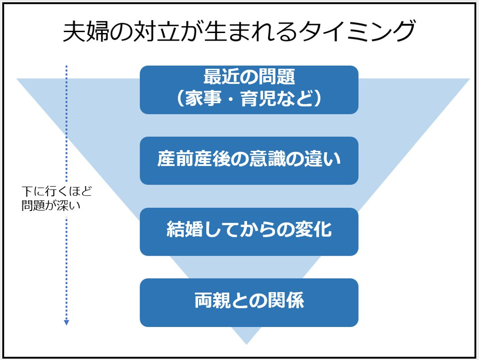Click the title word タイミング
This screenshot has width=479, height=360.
click(x=357, y=32)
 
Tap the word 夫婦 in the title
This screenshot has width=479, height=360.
click(x=86, y=32)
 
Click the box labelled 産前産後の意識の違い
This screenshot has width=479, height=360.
click(x=249, y=161)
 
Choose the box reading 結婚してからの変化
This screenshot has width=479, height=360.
click(x=249, y=232)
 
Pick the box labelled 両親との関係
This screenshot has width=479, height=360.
click(x=249, y=302)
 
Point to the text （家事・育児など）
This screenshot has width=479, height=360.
click(x=249, y=99)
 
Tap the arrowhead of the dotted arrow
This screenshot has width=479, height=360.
click(x=66, y=323)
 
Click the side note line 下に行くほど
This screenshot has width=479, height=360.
click(x=57, y=192)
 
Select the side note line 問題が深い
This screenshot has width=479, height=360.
click(x=51, y=205)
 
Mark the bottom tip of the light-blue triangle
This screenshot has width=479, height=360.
click(x=247, y=344)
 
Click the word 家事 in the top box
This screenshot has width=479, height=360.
click(x=203, y=99)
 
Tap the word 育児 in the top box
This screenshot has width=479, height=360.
click(x=259, y=99)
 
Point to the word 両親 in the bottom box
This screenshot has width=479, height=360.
click(x=212, y=300)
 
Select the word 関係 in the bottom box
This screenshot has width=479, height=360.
click(x=286, y=300)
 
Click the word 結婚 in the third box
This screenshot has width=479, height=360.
click(x=185, y=229)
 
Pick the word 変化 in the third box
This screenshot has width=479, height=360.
click(x=314, y=229)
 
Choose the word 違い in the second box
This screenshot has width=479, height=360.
click(x=322, y=159)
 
